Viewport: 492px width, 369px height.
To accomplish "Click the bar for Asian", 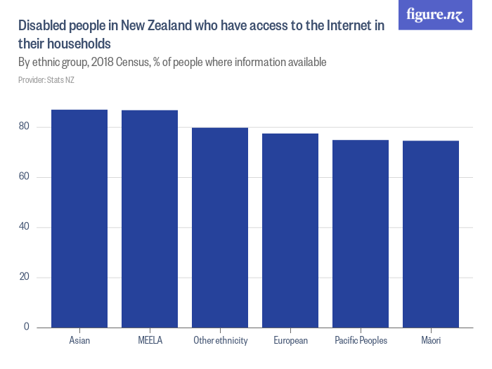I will pos(79,219).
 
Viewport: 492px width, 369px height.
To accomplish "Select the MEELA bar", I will pos(150,219).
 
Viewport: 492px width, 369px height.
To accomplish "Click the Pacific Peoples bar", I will pos(361,233).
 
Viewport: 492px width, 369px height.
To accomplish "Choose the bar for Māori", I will pos(431,234).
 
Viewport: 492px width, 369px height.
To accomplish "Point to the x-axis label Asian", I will pos(79,341).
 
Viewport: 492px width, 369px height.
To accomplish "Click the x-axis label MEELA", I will pos(150,341).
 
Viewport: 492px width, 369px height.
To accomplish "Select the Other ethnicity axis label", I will pos(220,341).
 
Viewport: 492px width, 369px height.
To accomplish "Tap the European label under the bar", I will pos(290,341).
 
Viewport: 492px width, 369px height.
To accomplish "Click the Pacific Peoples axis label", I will pos(361,341).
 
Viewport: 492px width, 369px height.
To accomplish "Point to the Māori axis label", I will pos(431,341).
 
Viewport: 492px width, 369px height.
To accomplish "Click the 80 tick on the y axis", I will pos(25,127).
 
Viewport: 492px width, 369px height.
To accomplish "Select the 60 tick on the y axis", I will pos(25,177).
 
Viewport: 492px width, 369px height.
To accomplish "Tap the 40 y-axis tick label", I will pos(25,227).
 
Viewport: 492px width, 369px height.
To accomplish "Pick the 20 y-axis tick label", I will pos(25,277).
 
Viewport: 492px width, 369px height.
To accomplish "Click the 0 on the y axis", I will pos(27,327).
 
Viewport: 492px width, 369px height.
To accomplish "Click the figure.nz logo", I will pos(435,15).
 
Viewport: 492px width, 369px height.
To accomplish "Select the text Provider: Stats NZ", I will pos(46,80).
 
